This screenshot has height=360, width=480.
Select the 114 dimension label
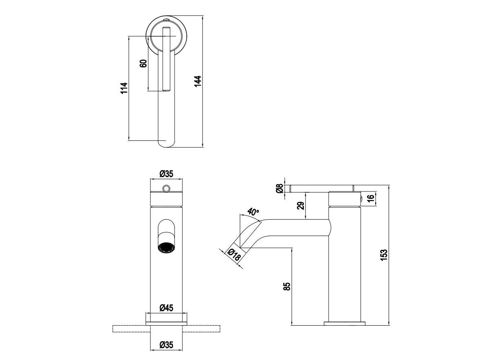[x=124, y=88]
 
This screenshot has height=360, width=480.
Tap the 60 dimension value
[x=143, y=64]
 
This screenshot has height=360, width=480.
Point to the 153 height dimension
[x=384, y=255]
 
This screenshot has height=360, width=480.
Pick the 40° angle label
[x=253, y=212]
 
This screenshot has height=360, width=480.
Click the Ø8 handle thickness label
[x=279, y=188]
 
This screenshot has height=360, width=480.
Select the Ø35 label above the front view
[x=166, y=174]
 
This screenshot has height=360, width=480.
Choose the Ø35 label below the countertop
[x=166, y=345]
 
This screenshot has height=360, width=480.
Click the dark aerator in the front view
[x=166, y=247]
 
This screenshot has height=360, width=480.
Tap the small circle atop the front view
[x=166, y=188]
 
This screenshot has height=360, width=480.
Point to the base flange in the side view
[x=345, y=324]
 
